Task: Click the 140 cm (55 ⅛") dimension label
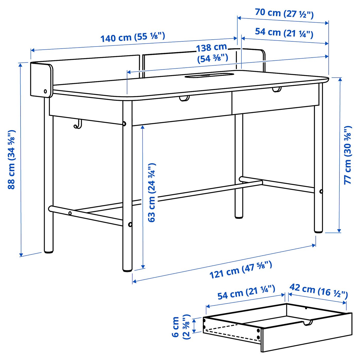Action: coord(132,37)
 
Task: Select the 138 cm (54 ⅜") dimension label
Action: coord(212,53)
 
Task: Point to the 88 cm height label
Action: coord(12,159)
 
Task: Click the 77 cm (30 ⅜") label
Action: coord(348,155)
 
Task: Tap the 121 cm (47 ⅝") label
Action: coord(240,269)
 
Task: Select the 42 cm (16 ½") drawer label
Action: coord(319,291)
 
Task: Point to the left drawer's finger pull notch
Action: coord(184,98)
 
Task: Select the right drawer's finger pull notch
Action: coord(277,90)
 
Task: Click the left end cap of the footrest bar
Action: coord(51,209)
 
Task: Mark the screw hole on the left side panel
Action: coord(46,91)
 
